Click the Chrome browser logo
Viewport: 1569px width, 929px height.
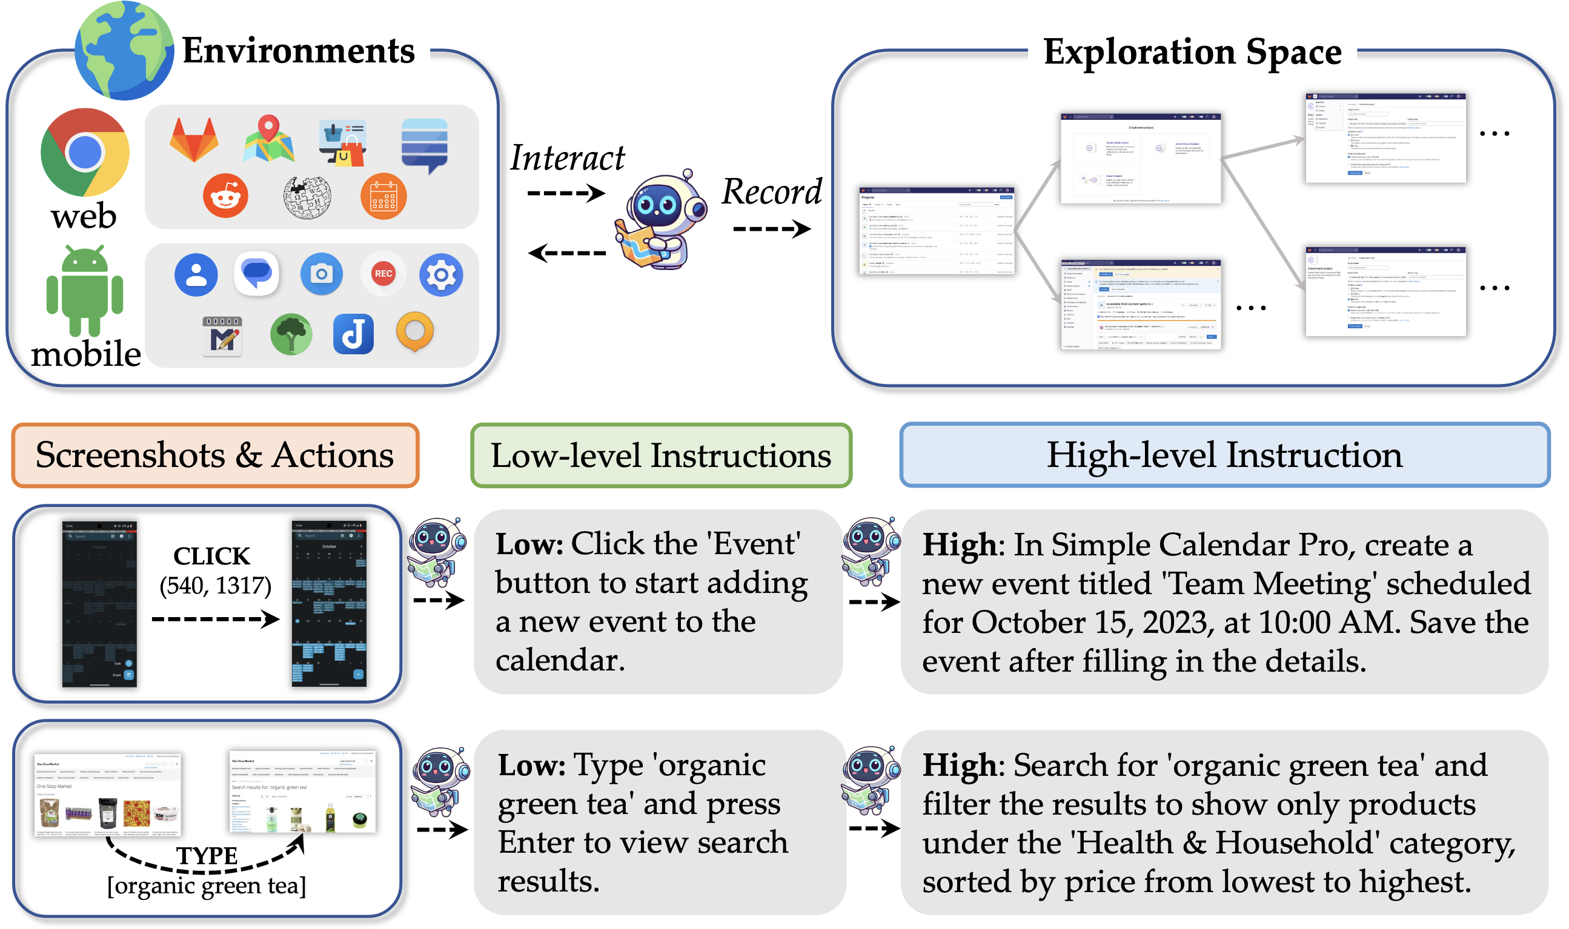pos(85,152)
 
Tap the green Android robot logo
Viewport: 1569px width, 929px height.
pos(85,291)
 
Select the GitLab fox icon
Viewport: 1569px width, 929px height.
pos(194,139)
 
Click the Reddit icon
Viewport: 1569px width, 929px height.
pos(225,196)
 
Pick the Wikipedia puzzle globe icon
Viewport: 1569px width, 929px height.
pos(306,197)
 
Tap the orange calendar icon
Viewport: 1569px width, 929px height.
pos(383,197)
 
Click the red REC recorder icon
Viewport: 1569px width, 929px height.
pos(383,274)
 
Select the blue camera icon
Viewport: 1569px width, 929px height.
pos(321,274)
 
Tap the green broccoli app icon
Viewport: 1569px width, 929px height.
pos(291,334)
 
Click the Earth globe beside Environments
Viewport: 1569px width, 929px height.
pos(124,50)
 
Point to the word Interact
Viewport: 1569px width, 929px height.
pos(566,157)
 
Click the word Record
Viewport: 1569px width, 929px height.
pos(771,191)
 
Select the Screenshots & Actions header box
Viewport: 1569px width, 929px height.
pos(214,455)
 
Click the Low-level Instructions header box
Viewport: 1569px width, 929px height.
pos(660,455)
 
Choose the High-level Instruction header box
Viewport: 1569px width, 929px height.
pos(1224,455)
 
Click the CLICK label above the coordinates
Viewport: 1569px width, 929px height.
pos(211,556)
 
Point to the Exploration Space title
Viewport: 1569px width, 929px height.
pos(1192,51)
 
